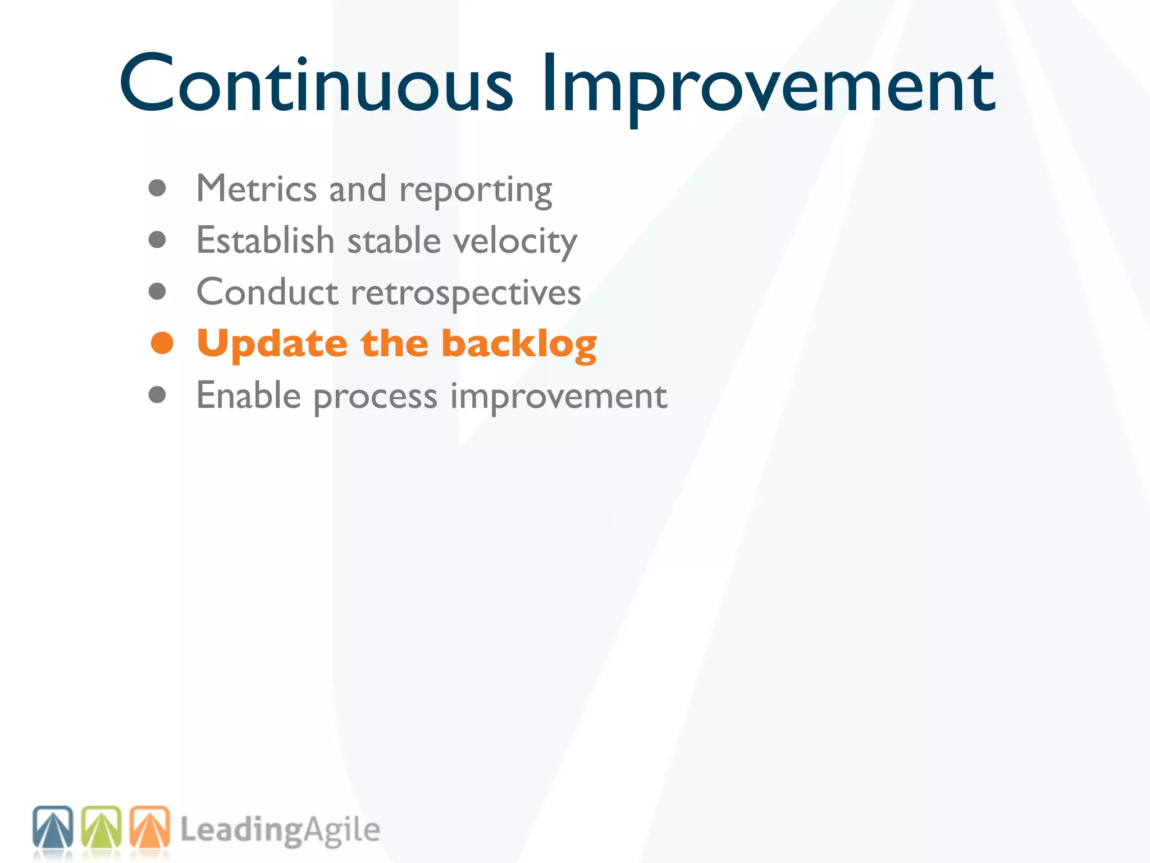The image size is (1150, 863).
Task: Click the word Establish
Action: [x=265, y=240]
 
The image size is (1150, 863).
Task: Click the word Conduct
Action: [x=267, y=292]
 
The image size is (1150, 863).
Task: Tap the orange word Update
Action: [x=272, y=344]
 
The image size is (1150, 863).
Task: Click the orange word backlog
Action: [x=519, y=344]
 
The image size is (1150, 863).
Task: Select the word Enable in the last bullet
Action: [x=249, y=396]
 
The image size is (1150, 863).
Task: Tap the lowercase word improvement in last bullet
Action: [x=559, y=397]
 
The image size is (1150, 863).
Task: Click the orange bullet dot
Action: [x=162, y=343]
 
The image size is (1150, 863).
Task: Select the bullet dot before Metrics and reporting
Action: [x=157, y=188]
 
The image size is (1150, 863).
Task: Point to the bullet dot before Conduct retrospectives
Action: [x=157, y=292]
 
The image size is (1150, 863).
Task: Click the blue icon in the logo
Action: [x=53, y=827]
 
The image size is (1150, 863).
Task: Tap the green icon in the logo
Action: [x=101, y=827]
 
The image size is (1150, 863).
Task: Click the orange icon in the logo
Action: [x=149, y=827]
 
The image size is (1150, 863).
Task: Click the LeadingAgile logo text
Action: [x=280, y=830]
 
